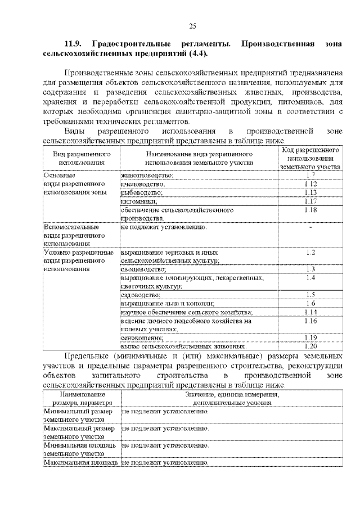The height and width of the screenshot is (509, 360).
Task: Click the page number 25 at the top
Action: point(192,26)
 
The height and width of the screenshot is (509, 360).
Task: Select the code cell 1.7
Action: point(310,175)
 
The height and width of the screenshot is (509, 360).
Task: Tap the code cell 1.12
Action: point(310,184)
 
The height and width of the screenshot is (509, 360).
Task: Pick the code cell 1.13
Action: point(310,192)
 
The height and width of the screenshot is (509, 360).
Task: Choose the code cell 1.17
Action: point(310,201)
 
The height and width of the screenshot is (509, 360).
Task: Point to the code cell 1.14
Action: point(310,312)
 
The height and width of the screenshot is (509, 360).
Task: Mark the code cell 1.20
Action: point(310,346)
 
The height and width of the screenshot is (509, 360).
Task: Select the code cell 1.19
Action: point(310,337)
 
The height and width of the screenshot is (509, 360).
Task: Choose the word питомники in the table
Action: point(138,201)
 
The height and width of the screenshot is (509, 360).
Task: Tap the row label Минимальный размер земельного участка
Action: point(79,416)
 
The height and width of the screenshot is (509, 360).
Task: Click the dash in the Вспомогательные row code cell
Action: point(310,227)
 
